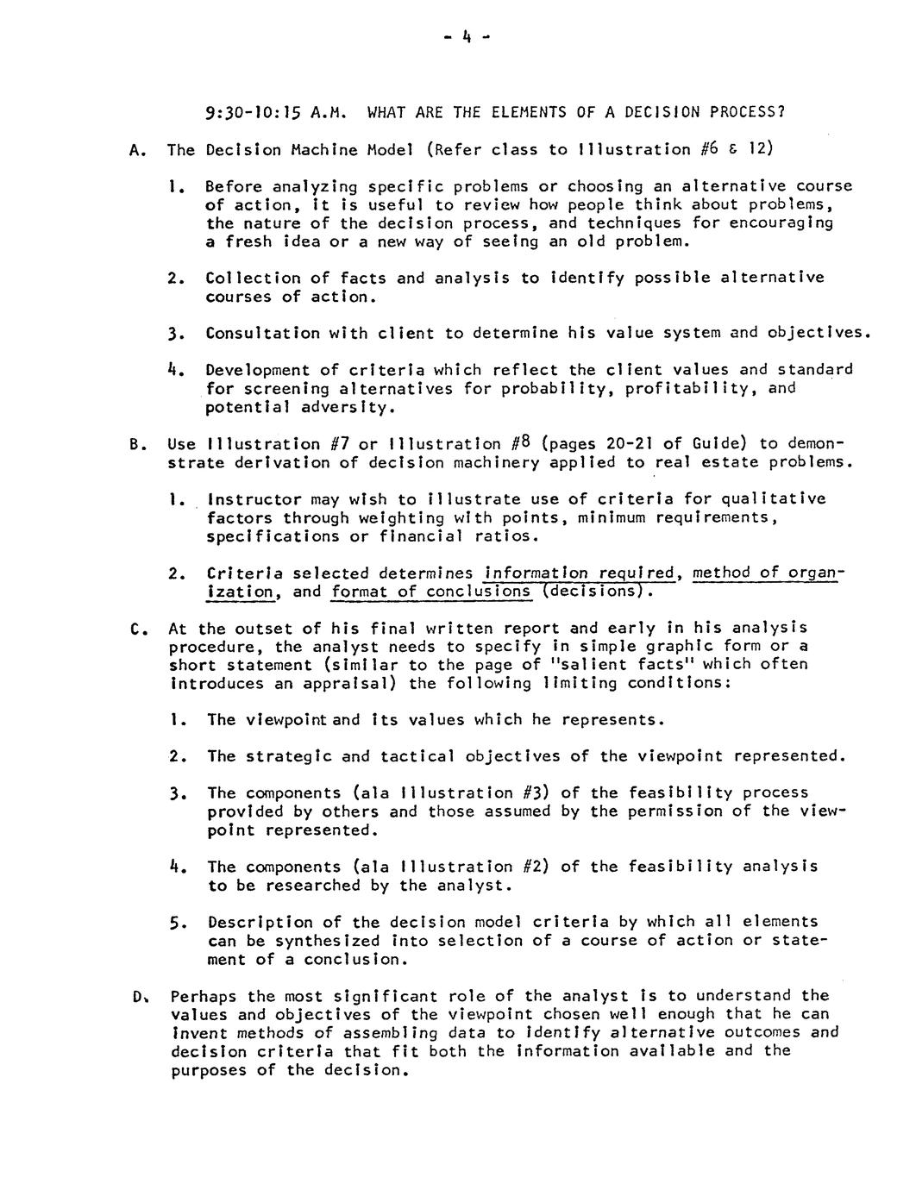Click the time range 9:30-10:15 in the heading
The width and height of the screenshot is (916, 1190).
256,112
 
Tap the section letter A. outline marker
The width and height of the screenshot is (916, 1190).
135,150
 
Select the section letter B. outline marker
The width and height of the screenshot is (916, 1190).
135,445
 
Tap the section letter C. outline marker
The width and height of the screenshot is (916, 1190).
135,629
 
